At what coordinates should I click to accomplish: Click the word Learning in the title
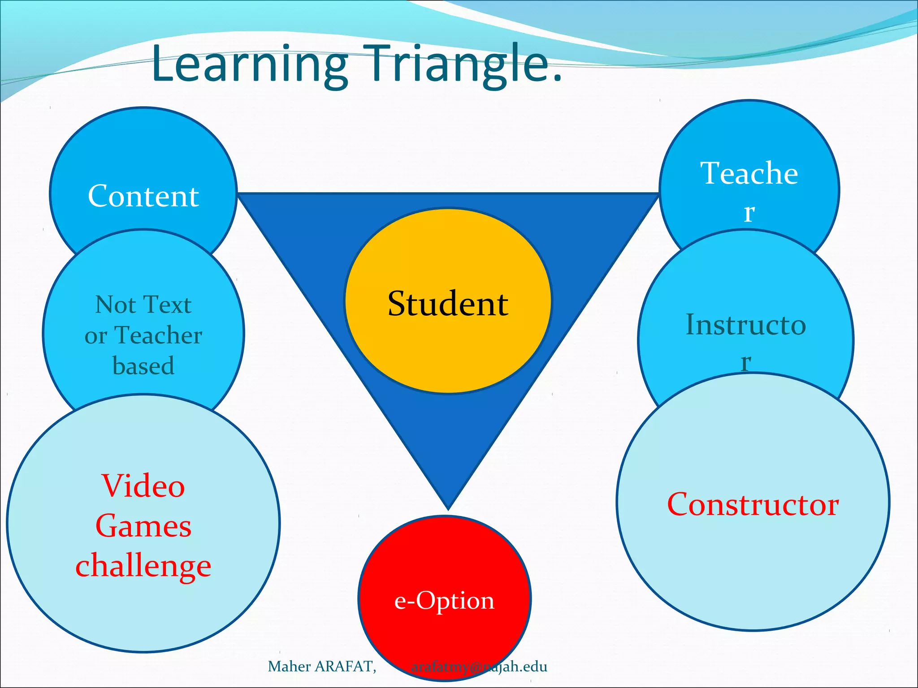tap(249, 64)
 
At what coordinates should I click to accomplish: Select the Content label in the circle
tap(143, 196)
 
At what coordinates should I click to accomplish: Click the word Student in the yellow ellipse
tap(448, 304)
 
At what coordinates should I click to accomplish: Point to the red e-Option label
tap(444, 600)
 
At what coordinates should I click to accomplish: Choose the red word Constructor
tap(753, 505)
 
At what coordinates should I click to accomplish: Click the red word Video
tap(143, 486)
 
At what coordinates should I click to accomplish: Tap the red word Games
tap(143, 526)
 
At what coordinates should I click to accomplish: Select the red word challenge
tap(143, 566)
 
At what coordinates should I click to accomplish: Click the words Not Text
tap(143, 305)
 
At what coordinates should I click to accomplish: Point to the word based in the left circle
tap(143, 365)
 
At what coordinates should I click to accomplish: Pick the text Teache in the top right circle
tap(749, 173)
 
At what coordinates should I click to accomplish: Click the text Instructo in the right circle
tap(746, 325)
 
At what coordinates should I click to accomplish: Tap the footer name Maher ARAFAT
tap(321, 666)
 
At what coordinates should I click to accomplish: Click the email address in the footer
tap(479, 666)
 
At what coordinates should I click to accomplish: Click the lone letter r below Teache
tap(749, 213)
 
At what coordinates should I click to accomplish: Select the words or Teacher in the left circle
tap(143, 335)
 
